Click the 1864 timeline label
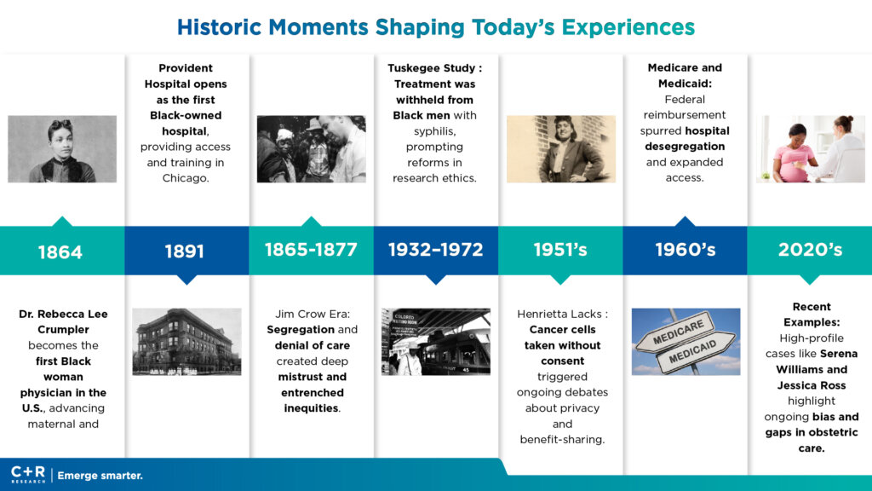[x=60, y=252]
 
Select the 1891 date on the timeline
[x=185, y=251]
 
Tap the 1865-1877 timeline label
[x=311, y=250]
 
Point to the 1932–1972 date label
[x=435, y=250]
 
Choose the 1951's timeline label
[x=560, y=250]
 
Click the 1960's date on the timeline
[x=686, y=250]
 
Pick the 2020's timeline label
[x=810, y=250]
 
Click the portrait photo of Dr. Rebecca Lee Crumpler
[x=62, y=149]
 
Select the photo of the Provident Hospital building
[x=186, y=342]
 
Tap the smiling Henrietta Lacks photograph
[x=561, y=149]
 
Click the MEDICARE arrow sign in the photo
[x=677, y=332]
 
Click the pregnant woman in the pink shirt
[x=794, y=153]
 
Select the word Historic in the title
[x=219, y=27]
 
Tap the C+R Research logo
[x=28, y=474]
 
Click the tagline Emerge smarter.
[x=100, y=476]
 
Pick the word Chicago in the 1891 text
[x=186, y=178]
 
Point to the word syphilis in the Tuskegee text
[x=435, y=131]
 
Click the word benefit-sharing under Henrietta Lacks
[x=562, y=439]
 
